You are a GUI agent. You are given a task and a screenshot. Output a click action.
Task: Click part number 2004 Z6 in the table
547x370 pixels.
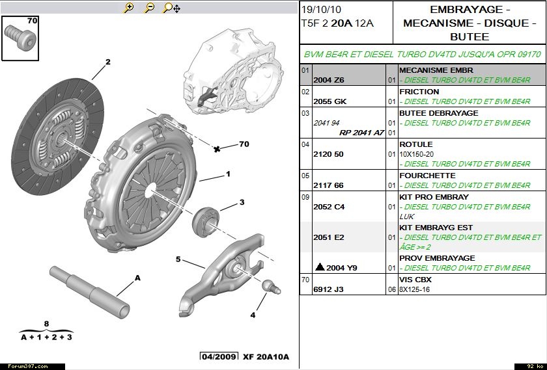tap(329, 80)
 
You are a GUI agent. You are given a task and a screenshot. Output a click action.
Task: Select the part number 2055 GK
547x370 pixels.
tap(330, 101)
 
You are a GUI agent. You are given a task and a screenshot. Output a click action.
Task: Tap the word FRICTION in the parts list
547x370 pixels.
tap(419, 92)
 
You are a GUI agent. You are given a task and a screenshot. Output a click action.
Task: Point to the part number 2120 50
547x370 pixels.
tap(329, 154)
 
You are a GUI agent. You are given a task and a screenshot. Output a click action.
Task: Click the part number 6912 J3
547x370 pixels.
tap(329, 289)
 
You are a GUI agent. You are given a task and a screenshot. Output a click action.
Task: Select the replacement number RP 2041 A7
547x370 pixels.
tap(361, 132)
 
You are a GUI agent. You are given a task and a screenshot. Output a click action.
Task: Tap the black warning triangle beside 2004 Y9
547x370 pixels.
tap(319, 267)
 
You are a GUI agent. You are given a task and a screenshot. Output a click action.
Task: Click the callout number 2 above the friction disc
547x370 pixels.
tap(108, 62)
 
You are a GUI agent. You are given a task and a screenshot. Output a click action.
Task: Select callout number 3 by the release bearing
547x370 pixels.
tap(242, 202)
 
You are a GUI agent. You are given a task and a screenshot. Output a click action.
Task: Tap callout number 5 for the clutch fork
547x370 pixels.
tap(178, 259)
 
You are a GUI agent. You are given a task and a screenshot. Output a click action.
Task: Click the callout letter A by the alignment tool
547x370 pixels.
tap(137, 278)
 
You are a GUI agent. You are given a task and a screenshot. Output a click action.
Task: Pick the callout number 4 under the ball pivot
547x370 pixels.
tap(253, 315)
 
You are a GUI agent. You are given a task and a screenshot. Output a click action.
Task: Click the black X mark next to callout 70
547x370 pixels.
tap(217, 149)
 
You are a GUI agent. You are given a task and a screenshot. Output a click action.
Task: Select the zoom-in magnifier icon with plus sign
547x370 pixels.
tap(129, 8)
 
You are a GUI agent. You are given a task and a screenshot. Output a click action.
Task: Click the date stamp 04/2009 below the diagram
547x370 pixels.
tap(218, 357)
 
